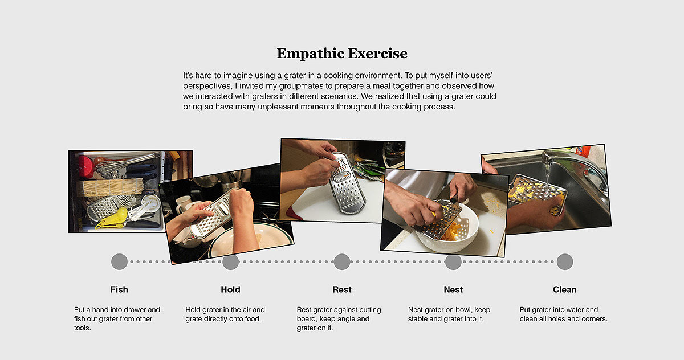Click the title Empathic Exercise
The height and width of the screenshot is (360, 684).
click(342, 54)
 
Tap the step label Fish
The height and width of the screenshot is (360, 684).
click(119, 289)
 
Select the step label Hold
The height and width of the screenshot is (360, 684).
click(230, 289)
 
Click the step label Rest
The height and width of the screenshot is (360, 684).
click(342, 289)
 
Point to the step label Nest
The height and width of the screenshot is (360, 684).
click(453, 289)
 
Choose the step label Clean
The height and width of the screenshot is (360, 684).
click(565, 289)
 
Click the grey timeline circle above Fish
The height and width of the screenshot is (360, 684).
click(119, 262)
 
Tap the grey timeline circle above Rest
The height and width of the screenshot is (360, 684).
click(342, 262)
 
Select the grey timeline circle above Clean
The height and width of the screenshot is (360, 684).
click(565, 262)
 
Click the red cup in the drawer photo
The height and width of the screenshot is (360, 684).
click(85, 167)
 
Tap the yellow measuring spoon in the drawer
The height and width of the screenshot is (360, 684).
click(113, 218)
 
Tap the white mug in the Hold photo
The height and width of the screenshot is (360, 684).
click(184, 204)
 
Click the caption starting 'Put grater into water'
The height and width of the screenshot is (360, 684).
click(563, 314)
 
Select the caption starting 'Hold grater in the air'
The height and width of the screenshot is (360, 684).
click(225, 314)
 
